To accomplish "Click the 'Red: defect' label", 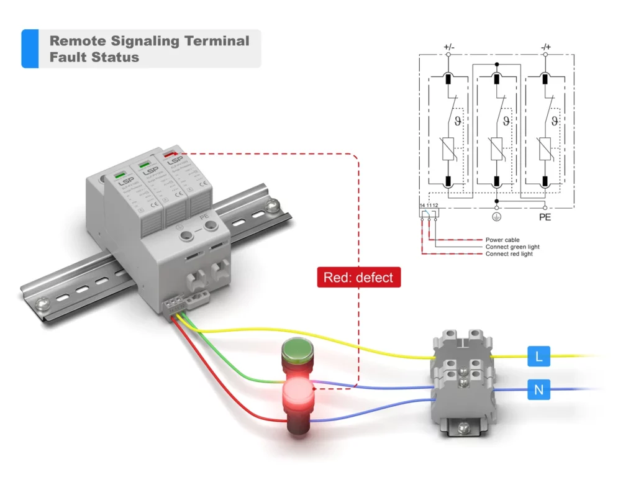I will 359,278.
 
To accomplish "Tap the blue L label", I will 538,357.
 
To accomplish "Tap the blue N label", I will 538,391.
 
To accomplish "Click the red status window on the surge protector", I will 170,153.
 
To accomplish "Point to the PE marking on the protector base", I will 203,216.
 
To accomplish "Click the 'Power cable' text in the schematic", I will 502,240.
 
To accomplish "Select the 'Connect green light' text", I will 512,247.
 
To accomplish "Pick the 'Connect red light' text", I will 509,254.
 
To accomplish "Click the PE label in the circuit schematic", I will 545,217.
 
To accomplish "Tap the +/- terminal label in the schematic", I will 449,47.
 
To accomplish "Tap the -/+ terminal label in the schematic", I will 545,47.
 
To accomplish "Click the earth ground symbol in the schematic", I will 496,217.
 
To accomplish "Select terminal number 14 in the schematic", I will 422,206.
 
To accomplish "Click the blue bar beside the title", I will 30,48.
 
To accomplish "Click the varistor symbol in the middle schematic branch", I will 496,150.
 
